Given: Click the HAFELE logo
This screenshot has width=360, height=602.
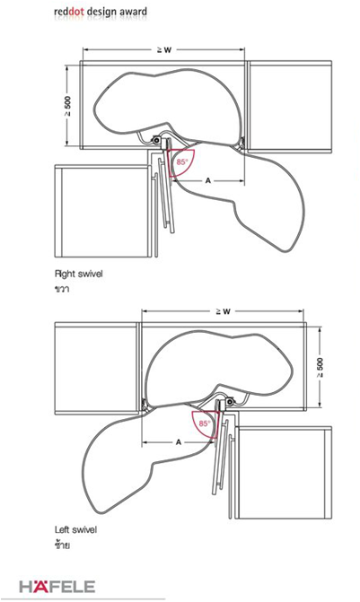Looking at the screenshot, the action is point(57,586).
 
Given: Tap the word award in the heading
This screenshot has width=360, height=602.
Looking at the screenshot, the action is point(133,12).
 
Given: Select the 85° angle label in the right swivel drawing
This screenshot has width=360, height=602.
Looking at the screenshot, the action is point(181,162).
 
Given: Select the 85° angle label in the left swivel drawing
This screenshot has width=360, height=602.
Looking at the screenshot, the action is point(205,423).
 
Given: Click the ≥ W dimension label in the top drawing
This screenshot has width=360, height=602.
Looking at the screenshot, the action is point(164,50).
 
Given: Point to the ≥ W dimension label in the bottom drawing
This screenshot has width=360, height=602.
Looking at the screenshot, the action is point(223,311).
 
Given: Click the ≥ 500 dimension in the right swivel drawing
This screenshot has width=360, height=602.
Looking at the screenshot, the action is point(67,106).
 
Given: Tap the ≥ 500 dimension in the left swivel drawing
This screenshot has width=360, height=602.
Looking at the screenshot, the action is point(320,368).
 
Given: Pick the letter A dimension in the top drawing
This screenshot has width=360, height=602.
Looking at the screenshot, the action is point(208,180).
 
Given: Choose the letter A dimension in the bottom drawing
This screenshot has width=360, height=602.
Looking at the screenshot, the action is point(179,442).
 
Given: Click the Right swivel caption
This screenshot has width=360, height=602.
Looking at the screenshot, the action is point(79,275).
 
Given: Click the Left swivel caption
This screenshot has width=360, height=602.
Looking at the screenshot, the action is point(75,530).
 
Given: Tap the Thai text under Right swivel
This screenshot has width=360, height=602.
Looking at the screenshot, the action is point(62,289).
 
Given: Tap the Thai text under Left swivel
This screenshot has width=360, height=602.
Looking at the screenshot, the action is point(62,544).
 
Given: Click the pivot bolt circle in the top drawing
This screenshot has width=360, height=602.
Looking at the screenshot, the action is point(156,141).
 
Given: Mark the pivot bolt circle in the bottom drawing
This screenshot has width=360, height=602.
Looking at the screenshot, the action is point(230,402).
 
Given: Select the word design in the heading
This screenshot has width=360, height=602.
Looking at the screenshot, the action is point(101,13).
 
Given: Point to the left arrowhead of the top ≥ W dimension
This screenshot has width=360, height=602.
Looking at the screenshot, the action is point(85,50).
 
